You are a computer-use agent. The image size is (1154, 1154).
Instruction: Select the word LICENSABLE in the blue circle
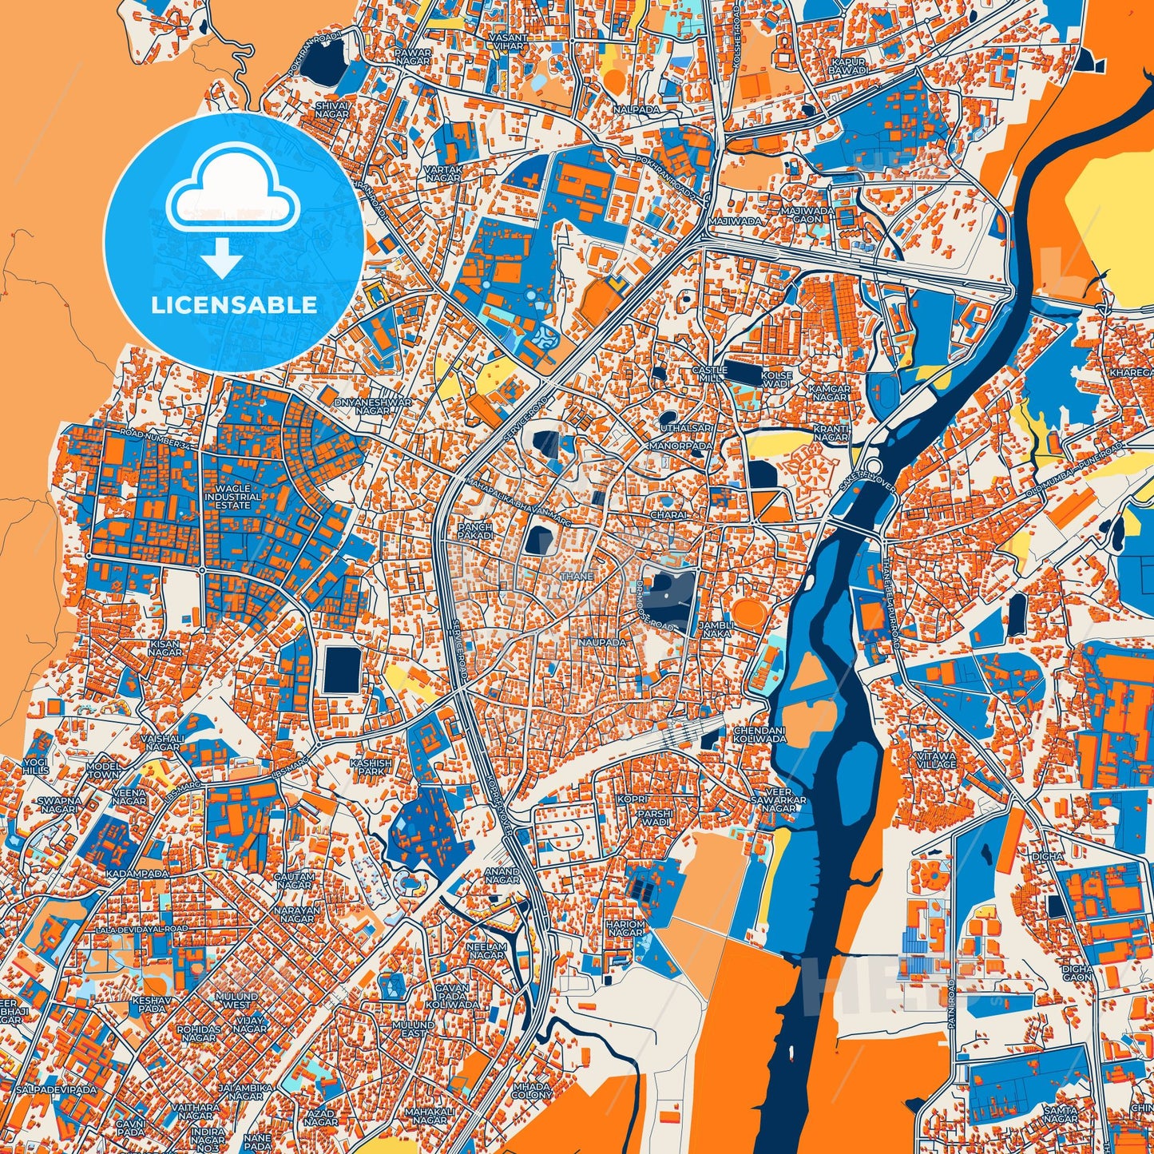[x=234, y=304]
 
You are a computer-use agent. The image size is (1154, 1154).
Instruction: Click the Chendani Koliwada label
[x=759, y=734]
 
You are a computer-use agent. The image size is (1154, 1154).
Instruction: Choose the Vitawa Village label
[x=936, y=759]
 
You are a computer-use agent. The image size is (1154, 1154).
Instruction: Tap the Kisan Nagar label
[x=165, y=647]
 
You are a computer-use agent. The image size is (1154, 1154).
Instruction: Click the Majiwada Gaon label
[x=807, y=215]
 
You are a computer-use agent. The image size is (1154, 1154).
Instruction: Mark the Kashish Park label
[x=371, y=767]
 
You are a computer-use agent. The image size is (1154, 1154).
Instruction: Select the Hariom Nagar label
[x=625, y=927]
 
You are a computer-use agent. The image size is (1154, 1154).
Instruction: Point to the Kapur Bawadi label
[x=848, y=65]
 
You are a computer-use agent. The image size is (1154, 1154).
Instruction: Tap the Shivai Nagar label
[x=332, y=109]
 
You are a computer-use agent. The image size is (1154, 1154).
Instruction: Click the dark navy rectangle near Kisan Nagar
[x=343, y=669]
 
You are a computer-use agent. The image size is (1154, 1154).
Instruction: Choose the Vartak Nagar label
[x=442, y=173]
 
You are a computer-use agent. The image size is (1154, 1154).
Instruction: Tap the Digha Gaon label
[x=1077, y=973]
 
